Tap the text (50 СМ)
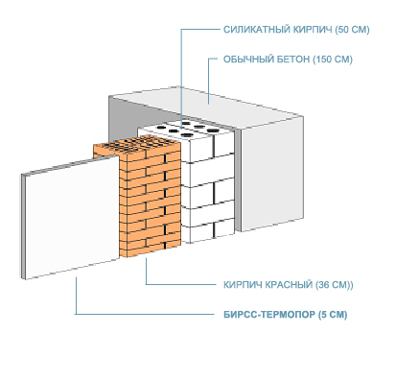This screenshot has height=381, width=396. [352, 30]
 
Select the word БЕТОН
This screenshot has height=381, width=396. [293, 60]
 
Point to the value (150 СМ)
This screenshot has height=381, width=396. [333, 60]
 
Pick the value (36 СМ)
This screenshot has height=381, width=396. [333, 285]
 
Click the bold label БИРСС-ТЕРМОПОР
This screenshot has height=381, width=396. [269, 315]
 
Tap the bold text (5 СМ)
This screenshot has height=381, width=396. [333, 315]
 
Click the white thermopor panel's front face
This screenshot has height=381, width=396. [72, 217]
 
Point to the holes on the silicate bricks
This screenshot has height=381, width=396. [186, 129]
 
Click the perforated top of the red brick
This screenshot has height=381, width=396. [136, 146]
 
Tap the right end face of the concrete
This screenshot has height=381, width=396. [271, 175]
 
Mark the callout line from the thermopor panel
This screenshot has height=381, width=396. [145, 314]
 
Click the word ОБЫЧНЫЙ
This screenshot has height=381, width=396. [248, 60]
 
